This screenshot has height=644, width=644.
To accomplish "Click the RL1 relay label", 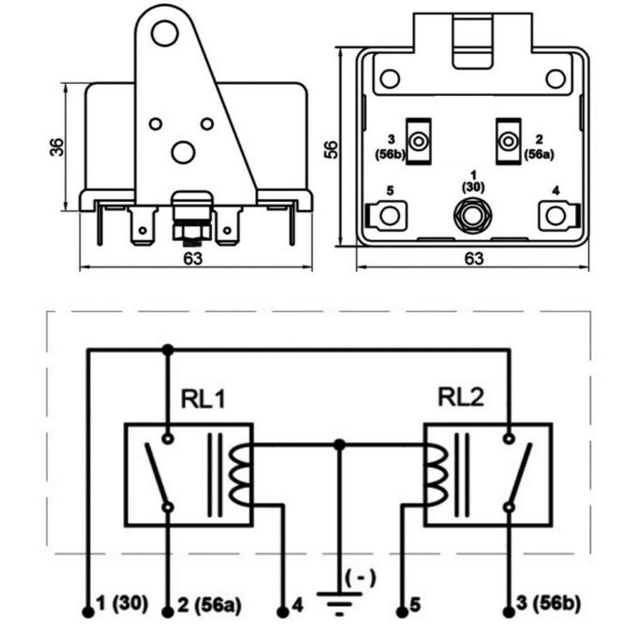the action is click(x=203, y=398).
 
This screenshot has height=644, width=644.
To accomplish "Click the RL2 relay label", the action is click(x=461, y=397).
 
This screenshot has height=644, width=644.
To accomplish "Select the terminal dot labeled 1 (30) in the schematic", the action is click(x=88, y=613).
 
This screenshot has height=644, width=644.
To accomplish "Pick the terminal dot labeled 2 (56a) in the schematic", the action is click(x=167, y=613).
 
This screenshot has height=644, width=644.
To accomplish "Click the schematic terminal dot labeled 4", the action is click(x=282, y=613).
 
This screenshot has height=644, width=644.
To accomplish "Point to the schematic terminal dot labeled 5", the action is click(x=402, y=613).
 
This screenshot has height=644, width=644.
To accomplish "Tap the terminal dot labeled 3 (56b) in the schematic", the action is click(x=509, y=613).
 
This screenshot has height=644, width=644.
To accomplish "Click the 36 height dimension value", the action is click(x=57, y=147).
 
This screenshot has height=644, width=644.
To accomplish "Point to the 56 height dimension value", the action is click(x=331, y=150).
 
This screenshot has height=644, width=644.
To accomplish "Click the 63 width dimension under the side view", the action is click(x=193, y=258).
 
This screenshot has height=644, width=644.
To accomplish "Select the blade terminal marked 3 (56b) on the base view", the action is click(x=418, y=142).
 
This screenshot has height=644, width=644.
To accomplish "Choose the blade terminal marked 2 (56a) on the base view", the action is click(x=508, y=142).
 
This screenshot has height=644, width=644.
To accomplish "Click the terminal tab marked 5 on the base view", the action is click(x=387, y=214).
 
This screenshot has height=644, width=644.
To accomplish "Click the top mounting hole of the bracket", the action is click(x=164, y=33).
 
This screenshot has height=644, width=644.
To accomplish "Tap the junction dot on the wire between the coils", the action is click(x=339, y=445).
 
